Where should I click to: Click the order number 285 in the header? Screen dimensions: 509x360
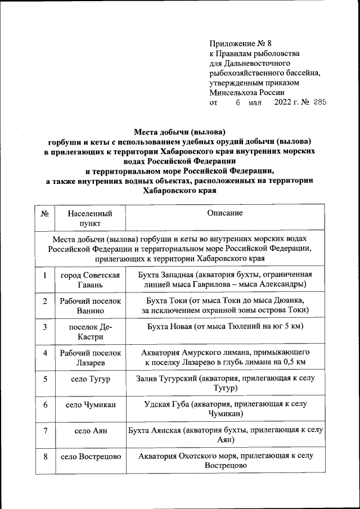pos(319,102)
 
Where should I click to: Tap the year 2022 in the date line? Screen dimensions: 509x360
pos(285,102)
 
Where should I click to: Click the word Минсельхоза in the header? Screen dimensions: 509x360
pos(235,93)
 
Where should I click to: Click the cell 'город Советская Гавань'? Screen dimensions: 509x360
pos(90,280)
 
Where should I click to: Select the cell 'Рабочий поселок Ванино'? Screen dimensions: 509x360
pos(90,305)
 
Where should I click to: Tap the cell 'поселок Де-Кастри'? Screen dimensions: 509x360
pos(90,331)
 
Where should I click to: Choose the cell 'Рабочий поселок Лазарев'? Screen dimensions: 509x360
pos(90,357)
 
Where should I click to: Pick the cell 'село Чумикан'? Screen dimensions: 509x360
pos(90,405)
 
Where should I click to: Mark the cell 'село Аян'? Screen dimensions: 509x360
pos(90,431)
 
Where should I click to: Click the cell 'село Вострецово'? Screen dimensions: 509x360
pos(90,457)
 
